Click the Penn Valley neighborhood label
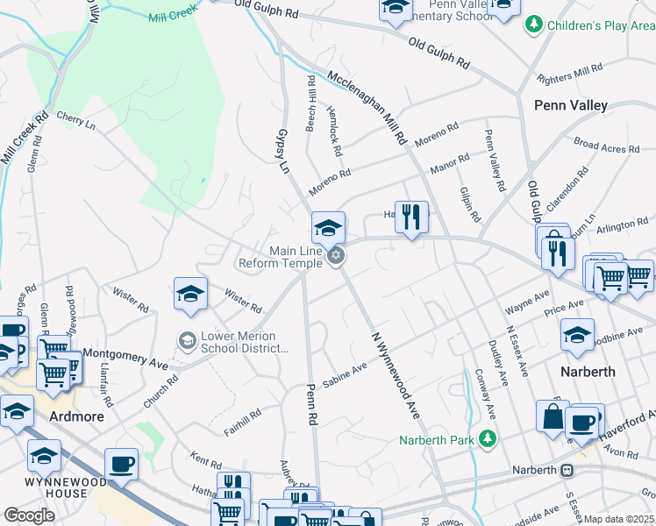[x=571, y=105]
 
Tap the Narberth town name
[x=588, y=371]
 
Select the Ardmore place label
[x=76, y=416]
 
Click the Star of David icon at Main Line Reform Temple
[x=335, y=256]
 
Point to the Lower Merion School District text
[x=245, y=342]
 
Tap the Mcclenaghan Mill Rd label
[x=367, y=109]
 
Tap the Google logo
[x=29, y=515]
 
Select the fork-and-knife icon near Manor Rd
[x=411, y=216]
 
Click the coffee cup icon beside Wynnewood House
[x=121, y=463]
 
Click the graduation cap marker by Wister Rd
[x=190, y=294]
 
